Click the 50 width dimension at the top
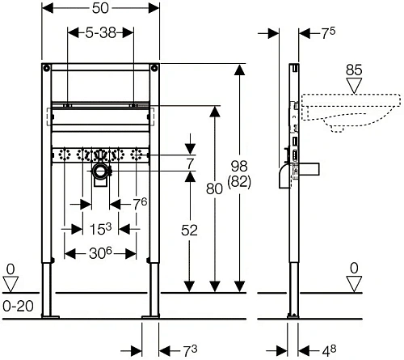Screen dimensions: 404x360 tap(100, 8)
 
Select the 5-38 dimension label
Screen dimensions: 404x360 tap(101, 33)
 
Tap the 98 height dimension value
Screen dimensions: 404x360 tap(239, 166)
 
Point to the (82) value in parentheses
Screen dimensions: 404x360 tap(239, 181)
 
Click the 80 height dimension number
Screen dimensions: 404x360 tap(214, 188)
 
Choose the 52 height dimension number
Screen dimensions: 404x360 tap(189, 231)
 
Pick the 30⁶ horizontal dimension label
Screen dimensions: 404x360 tap(100, 253)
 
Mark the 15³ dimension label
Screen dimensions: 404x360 tap(100, 229)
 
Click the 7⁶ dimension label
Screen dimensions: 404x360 tap(141, 204)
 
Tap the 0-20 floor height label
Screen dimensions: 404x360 tap(18, 306)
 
